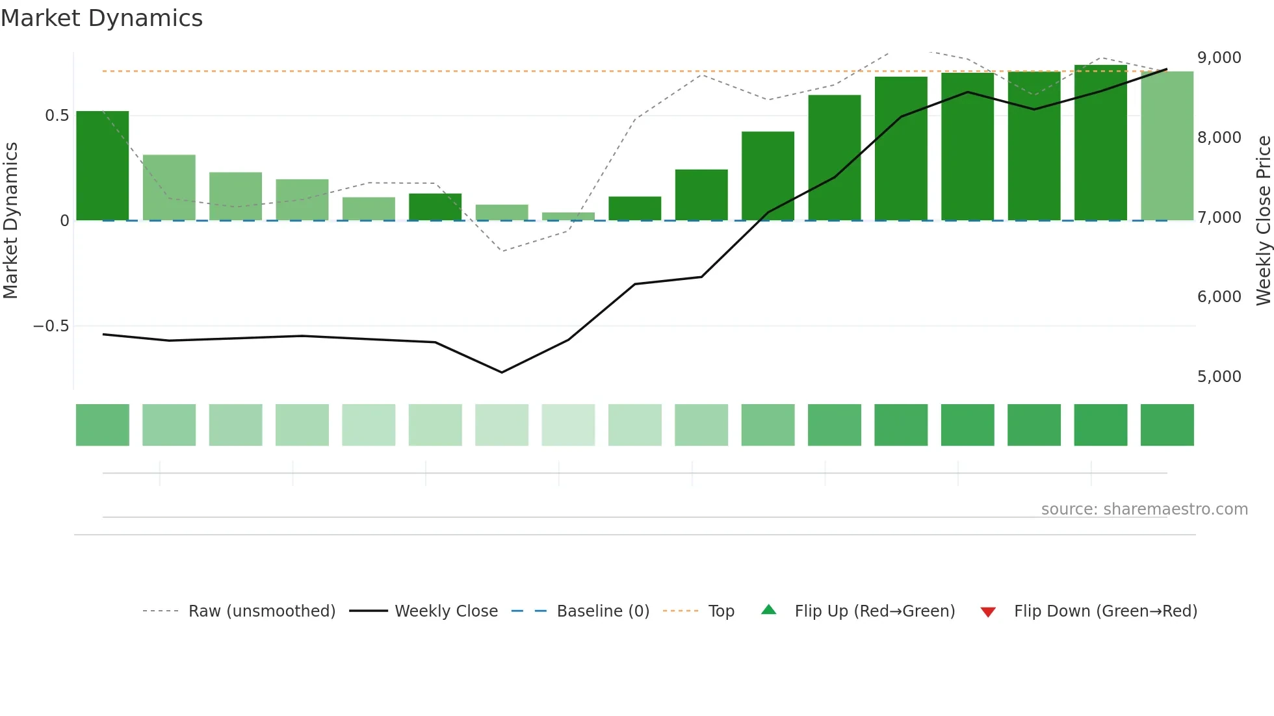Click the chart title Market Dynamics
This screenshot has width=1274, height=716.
pos(101,18)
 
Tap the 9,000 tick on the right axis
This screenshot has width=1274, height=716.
pos(1219,58)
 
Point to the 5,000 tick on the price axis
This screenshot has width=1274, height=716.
pos(1219,377)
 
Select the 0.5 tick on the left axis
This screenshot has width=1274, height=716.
pos(57,116)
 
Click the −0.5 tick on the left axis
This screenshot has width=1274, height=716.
pos(51,326)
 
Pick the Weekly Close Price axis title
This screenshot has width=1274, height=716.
pos(1263,220)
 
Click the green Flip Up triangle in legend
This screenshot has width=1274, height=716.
pos(769,610)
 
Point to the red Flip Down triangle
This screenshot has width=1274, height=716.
pos(988,612)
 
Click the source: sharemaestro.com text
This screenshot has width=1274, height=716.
pos(1144,509)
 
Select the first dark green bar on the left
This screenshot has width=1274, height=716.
pos(103,166)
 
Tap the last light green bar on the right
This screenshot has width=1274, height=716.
pos(1167,146)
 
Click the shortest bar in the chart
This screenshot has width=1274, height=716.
pos(568,216)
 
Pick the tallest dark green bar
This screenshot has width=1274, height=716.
pos(1100,143)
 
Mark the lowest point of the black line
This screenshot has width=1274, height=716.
pos(502,372)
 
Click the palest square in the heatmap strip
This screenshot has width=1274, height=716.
pos(568,425)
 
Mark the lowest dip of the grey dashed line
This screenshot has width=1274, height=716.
pos(502,251)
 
